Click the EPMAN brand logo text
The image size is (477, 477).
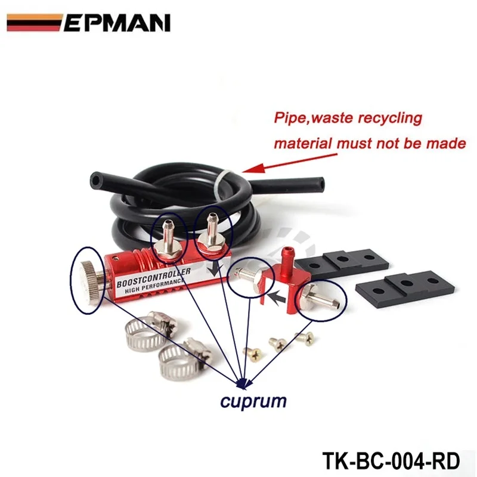click(117, 23)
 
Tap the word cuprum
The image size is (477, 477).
click(253, 401)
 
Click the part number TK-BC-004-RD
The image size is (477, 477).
click(391, 461)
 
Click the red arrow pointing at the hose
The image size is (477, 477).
click(289, 163)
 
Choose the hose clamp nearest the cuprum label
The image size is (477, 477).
click(182, 359)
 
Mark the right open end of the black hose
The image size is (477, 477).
click(319, 184)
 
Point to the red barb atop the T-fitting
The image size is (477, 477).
click(286, 256)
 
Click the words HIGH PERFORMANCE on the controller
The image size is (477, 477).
click(154, 286)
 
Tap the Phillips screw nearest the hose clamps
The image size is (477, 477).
click(253, 354)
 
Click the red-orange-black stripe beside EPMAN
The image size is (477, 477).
click(34, 23)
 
